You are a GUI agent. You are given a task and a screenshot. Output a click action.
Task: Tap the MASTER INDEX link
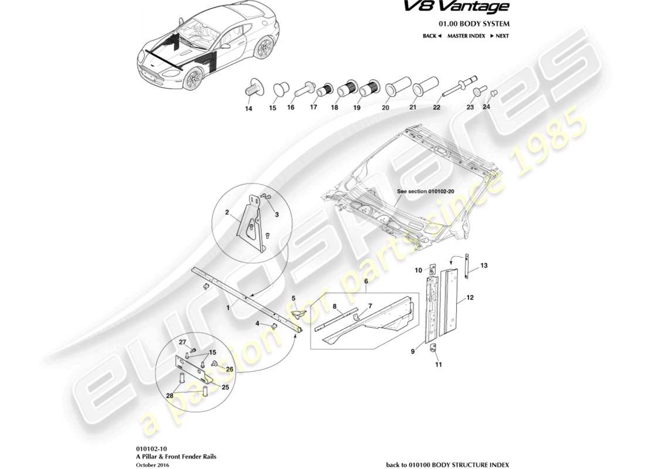click(x=466, y=36)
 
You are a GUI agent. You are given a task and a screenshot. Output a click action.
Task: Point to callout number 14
click(x=249, y=109)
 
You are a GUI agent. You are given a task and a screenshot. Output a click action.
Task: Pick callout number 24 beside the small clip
click(x=486, y=107)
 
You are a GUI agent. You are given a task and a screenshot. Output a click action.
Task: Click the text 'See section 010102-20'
click(x=422, y=191)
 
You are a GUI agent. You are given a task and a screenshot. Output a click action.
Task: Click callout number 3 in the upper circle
click(x=277, y=215)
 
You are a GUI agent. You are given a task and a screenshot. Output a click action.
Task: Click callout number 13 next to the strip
click(x=484, y=265)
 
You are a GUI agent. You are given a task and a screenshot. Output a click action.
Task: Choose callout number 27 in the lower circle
click(x=182, y=342)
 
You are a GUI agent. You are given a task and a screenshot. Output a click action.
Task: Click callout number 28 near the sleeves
click(x=170, y=396)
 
